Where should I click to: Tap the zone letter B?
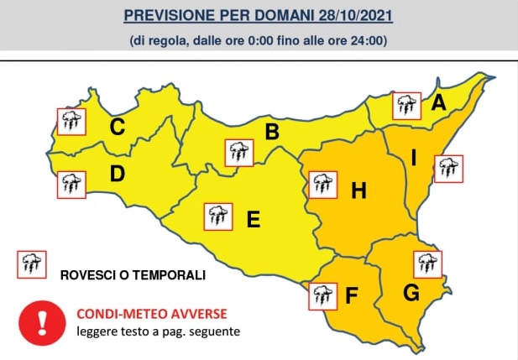tap(271, 132)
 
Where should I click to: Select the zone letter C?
tap(118, 128)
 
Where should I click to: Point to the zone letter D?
tap(118, 175)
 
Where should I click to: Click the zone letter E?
tap(253, 220)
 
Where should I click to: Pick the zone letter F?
tap(352, 295)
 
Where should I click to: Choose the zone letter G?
tap(411, 293)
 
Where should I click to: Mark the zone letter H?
tap(358, 191)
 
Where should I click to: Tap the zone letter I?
tap(414, 157)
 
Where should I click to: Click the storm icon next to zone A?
tap(407, 106)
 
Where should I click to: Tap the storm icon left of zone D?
tap(70, 184)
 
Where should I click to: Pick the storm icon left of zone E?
tap(218, 217)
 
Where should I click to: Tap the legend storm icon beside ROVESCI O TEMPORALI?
tap(32, 265)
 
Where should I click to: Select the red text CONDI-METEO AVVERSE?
tap(151, 314)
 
